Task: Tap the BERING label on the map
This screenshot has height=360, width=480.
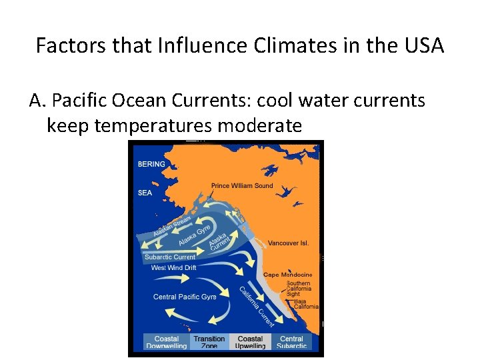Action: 152,164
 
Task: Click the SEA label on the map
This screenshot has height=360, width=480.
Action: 145,193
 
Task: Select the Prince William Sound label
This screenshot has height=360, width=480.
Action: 242,185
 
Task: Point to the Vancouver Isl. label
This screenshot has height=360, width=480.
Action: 288,243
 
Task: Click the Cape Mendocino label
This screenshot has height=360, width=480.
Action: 287,275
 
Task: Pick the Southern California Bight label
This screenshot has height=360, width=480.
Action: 299,289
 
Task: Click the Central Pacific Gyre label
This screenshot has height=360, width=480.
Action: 185,297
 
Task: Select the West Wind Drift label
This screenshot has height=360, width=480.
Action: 173,267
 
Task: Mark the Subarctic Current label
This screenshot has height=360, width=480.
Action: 170,257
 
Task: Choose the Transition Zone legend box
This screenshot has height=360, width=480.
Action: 209,342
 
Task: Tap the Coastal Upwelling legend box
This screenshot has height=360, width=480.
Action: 250,342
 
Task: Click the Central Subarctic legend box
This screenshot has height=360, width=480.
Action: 291,342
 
